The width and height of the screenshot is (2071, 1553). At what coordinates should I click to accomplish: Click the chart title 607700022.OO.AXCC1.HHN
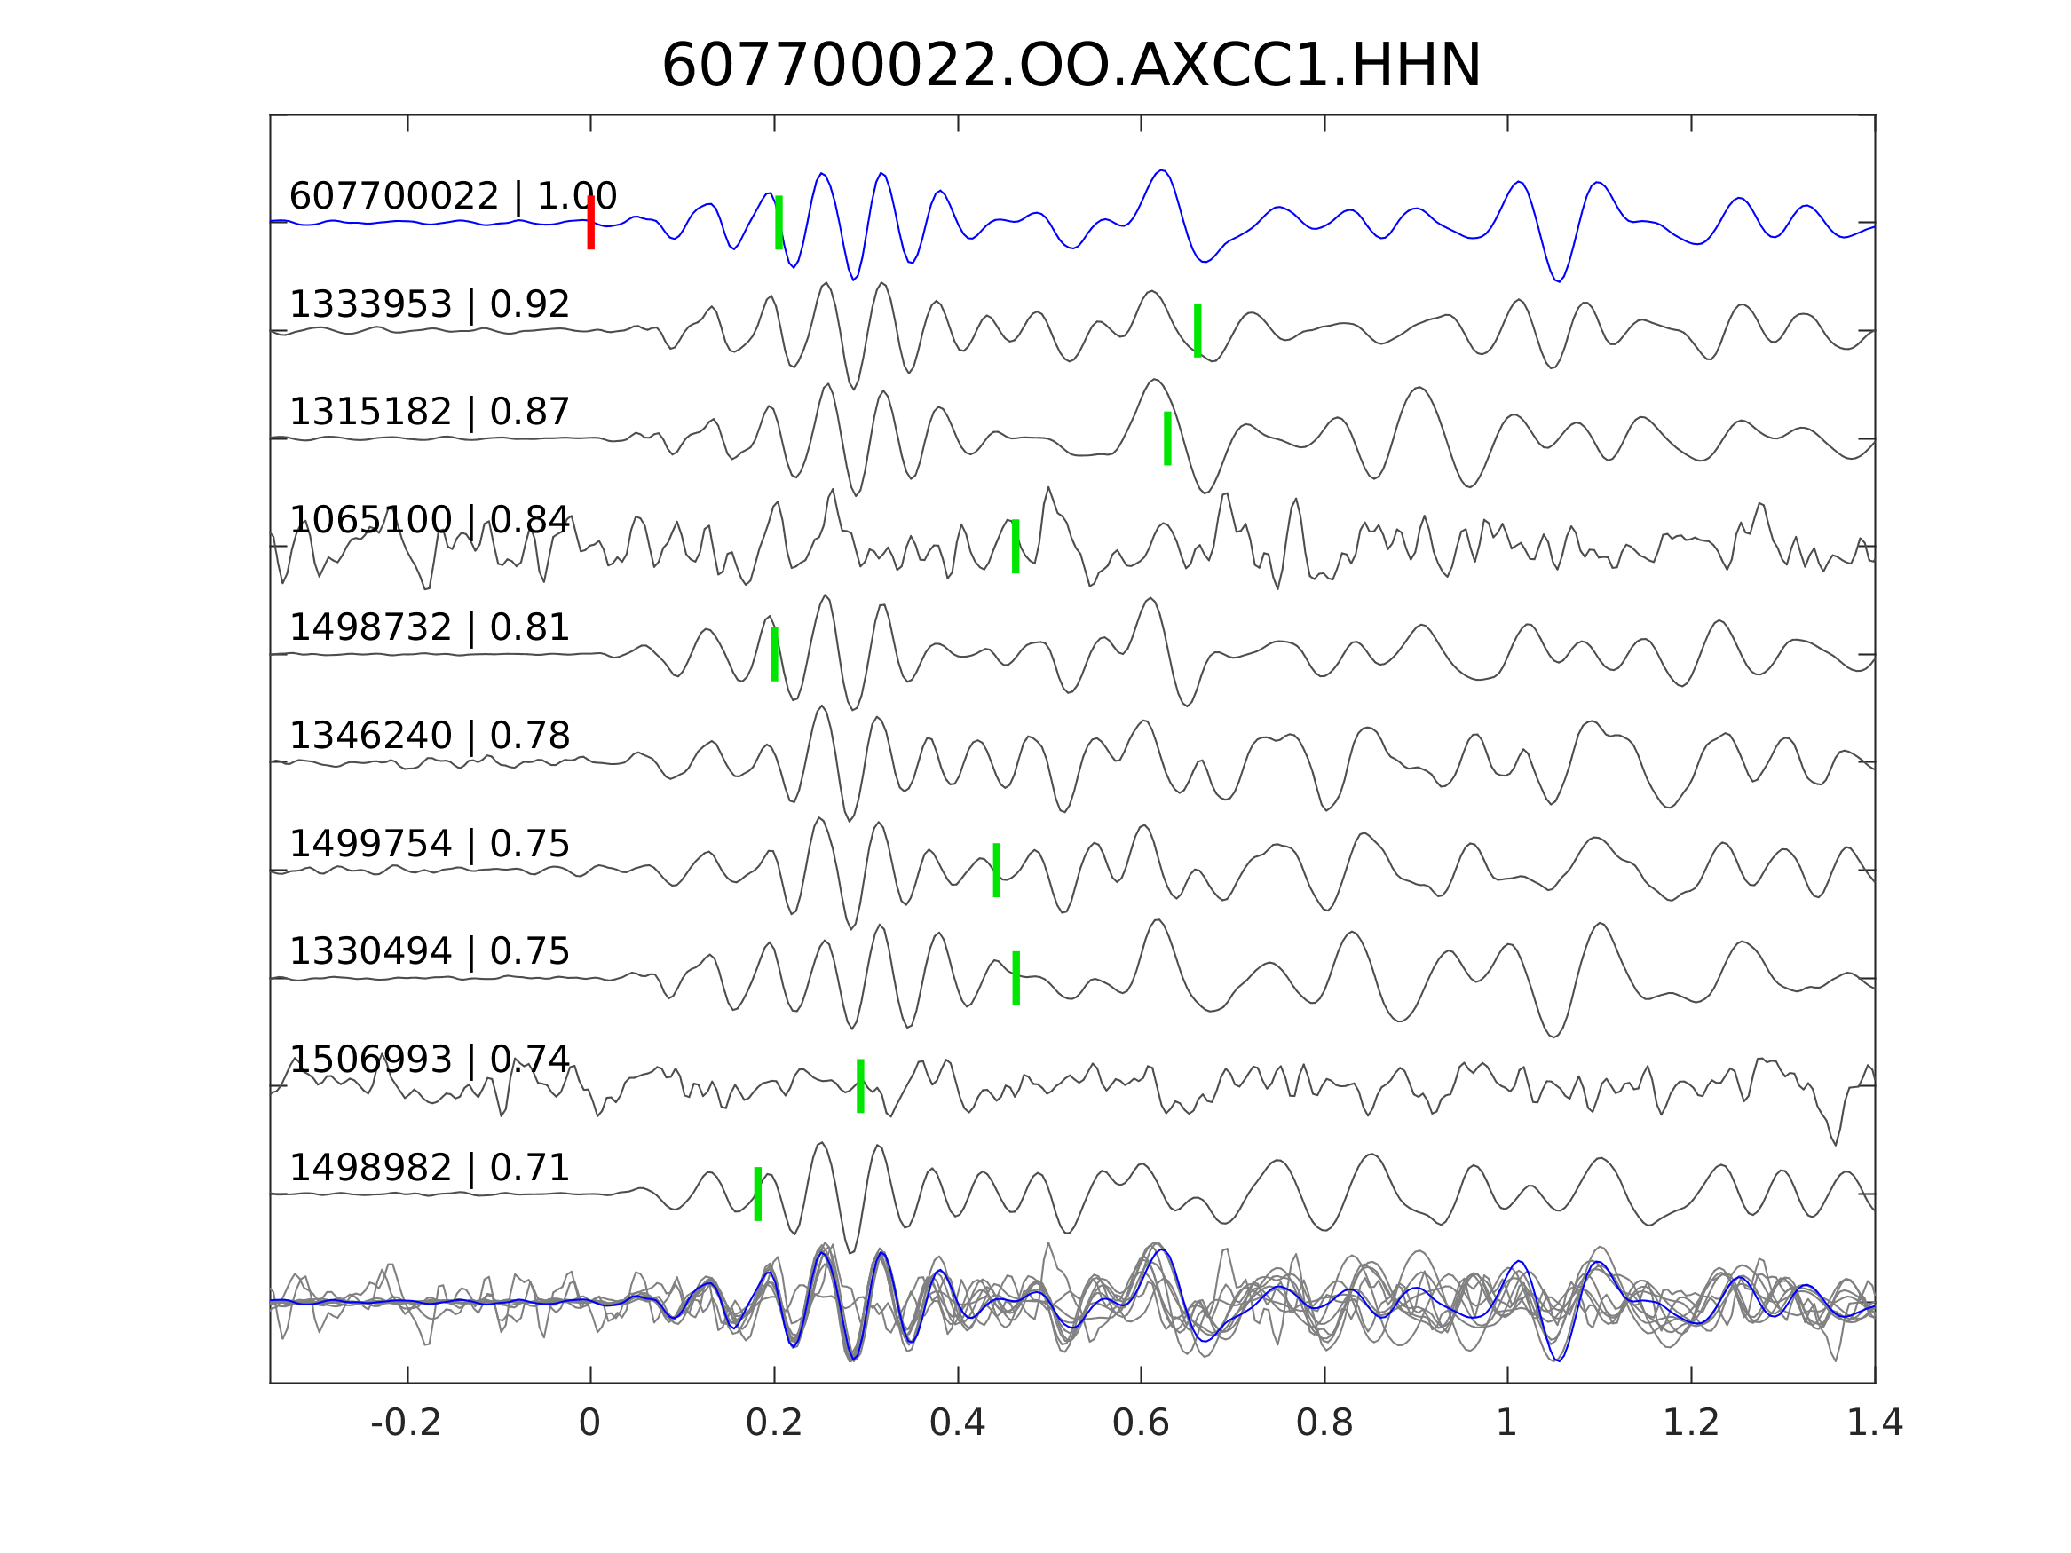[1071, 67]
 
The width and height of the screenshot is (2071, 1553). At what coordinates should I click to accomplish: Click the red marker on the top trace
[591, 223]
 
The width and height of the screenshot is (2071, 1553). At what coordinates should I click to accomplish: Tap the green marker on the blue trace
[779, 223]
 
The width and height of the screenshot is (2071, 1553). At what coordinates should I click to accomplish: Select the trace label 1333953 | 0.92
[429, 304]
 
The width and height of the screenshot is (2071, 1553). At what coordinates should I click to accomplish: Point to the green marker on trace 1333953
[1198, 330]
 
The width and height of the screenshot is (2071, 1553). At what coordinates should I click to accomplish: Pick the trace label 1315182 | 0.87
[429, 412]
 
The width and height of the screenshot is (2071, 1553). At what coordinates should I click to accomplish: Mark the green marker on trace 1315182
[1167, 438]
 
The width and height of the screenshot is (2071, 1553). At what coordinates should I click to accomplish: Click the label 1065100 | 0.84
[429, 519]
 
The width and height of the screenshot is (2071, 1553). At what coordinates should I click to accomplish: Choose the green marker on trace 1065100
[1016, 547]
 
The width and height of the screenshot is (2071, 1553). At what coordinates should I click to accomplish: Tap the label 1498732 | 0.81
[429, 627]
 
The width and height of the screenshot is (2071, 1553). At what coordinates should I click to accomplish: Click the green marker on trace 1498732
[774, 654]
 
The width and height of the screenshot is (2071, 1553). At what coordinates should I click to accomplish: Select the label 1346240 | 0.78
[429, 736]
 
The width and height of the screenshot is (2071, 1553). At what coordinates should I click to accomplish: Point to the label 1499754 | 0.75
[429, 844]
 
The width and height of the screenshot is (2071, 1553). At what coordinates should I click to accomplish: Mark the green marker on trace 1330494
[1016, 978]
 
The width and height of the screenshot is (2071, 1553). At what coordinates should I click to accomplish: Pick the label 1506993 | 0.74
[429, 1060]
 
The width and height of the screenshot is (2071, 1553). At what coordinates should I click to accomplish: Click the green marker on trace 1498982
[757, 1194]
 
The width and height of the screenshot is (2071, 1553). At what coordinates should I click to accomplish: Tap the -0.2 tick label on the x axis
[406, 1423]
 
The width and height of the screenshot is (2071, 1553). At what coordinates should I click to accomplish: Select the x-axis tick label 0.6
[1141, 1423]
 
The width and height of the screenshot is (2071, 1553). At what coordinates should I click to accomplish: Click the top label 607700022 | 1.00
[452, 197]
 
